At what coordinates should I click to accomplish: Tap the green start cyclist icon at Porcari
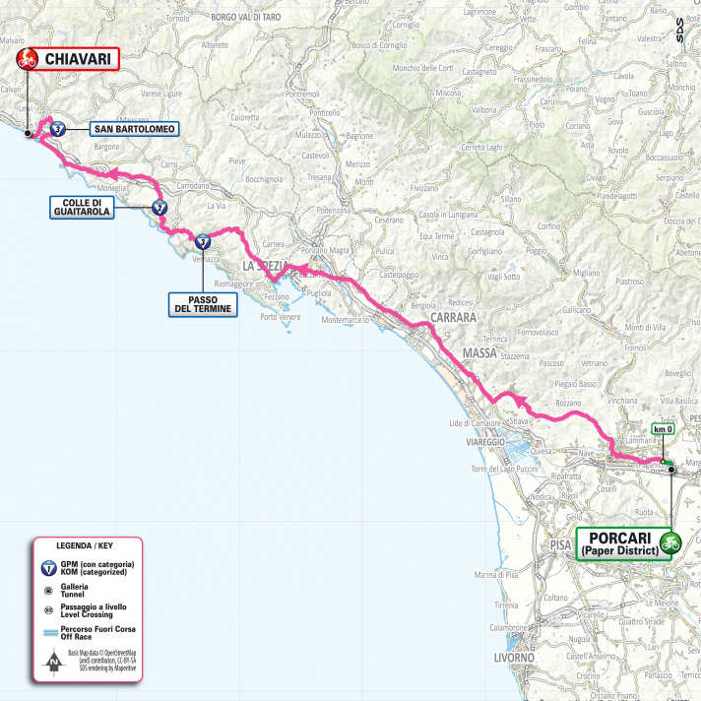point(670,542)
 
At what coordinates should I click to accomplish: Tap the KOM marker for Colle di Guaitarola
point(159,207)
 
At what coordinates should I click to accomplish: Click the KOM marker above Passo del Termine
point(202,239)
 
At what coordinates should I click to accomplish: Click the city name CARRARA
point(452,319)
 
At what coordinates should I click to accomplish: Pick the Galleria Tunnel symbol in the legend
point(49,591)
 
